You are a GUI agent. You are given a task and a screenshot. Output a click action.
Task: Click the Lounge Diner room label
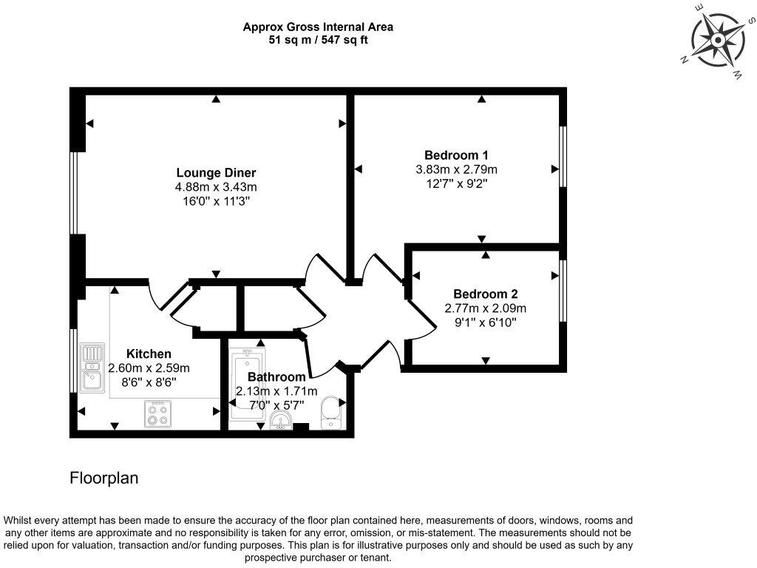point(216,172)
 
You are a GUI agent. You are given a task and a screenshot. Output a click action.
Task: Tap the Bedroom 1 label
point(456,155)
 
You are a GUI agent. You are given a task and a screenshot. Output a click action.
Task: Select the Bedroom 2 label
point(485,294)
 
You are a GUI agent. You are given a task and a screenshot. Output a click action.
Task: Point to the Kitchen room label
point(149,354)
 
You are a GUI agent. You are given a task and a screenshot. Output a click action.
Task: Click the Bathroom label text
point(276,376)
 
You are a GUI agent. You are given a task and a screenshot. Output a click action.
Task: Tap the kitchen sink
point(92,367)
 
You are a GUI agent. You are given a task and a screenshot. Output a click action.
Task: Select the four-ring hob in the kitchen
point(157,414)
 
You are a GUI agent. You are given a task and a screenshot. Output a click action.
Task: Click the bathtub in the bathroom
point(247,384)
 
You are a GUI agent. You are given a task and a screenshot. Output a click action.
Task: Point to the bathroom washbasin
point(281,421)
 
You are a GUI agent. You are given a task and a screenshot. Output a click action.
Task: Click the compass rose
point(719,40)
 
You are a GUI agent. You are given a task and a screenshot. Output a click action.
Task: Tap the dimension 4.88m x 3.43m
point(216,187)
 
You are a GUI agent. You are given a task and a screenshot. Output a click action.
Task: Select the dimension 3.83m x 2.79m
point(456,169)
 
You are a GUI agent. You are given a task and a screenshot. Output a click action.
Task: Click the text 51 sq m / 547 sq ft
point(318,40)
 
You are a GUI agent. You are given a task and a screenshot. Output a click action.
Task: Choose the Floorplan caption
point(103,479)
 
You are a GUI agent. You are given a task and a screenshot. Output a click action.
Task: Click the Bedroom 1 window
point(563,157)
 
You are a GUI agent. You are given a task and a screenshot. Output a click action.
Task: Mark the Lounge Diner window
point(74,193)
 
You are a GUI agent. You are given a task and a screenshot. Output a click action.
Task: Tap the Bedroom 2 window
point(563,291)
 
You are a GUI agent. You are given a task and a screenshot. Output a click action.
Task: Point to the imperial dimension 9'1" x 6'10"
point(485,322)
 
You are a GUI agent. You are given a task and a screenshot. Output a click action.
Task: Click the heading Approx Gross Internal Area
point(318,27)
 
